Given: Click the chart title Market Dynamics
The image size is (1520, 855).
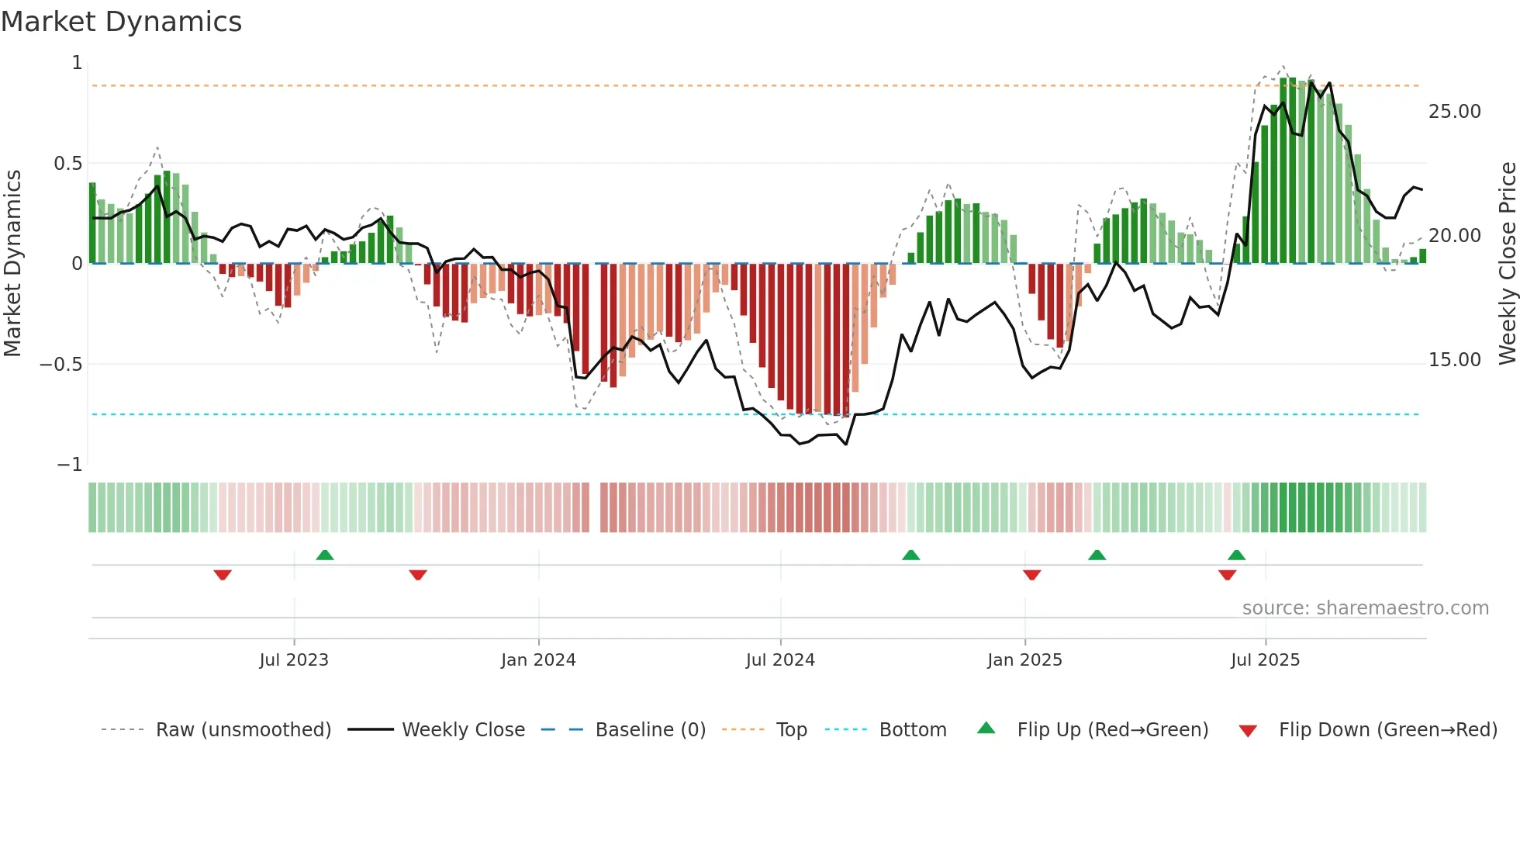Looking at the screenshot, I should coord(121,22).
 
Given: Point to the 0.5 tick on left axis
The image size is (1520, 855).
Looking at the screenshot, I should coord(67,164).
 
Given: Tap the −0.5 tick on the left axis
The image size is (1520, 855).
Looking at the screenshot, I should coord(60,365).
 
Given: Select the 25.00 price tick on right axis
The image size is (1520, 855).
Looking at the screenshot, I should coord(1454,112).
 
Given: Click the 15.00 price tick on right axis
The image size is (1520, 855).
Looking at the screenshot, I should coord(1454,360).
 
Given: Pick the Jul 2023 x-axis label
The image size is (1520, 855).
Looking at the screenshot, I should coord(294,660).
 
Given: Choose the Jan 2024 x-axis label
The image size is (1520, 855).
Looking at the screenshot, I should coord(538,660).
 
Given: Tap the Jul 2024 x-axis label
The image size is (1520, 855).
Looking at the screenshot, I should coord(780,660).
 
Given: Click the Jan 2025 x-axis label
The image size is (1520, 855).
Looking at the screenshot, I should coord(1024,660).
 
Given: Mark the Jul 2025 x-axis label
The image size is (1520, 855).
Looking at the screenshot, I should coord(1265,660).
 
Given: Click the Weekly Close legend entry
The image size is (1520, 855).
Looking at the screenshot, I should coord(463,730).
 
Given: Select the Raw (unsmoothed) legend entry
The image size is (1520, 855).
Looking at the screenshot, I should coord(243,730).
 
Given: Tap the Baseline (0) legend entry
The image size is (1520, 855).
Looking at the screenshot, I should coord(650,730).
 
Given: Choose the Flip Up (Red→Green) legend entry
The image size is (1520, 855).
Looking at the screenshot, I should coord(1112,730).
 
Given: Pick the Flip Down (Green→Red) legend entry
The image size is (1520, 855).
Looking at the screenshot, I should coord(1387,730).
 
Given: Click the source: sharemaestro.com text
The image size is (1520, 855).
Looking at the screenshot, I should coord(1365,608).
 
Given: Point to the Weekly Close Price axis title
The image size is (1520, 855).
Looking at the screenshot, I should coord(1507,263).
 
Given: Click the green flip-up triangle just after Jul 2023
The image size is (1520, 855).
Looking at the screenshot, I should coord(325,556).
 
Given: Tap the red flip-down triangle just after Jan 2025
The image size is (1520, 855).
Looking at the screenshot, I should coord(1031,575).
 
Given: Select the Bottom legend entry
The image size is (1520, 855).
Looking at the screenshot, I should coord(912,730).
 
